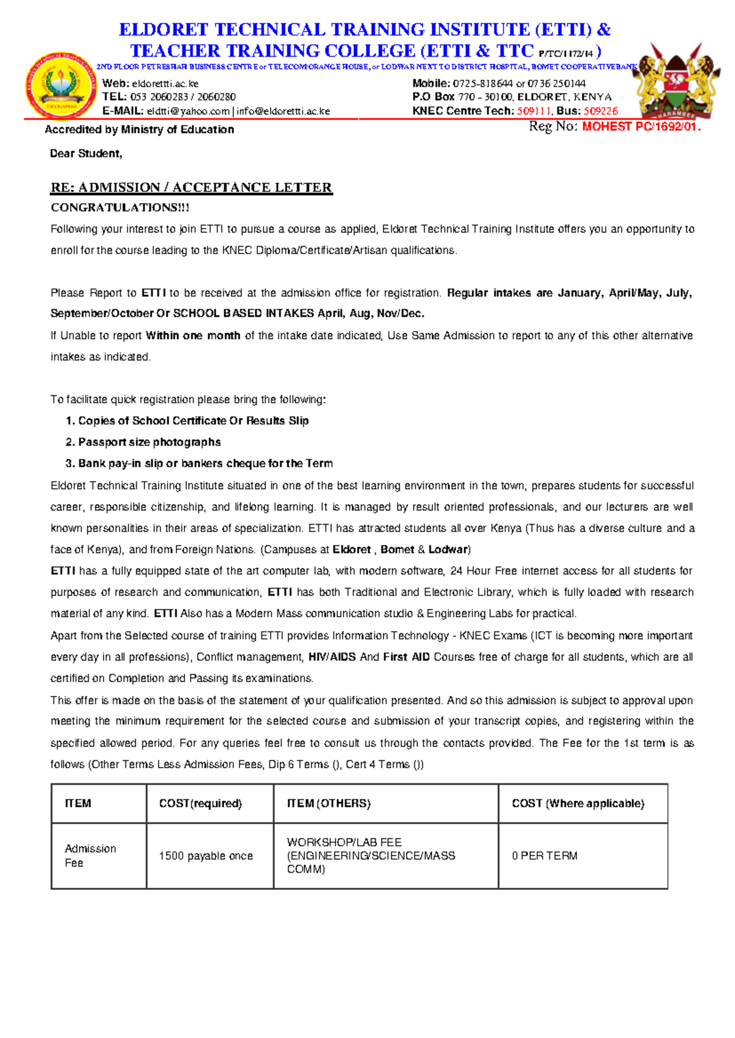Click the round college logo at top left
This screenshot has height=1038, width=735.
[60, 86]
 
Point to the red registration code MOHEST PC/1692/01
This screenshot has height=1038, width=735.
[641, 127]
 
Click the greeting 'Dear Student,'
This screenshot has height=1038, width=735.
[86, 154]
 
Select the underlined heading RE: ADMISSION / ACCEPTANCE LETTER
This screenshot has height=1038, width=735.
[191, 187]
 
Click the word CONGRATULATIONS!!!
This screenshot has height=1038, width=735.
[120, 207]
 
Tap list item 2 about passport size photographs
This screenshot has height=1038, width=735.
[149, 442]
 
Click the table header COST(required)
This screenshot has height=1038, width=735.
[200, 804]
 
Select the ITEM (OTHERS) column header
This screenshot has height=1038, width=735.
[329, 804]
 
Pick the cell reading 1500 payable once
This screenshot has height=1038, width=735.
[206, 856]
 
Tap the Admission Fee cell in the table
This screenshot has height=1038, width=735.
[90, 856]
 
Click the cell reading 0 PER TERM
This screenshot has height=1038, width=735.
[545, 856]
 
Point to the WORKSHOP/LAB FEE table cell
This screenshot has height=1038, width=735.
[371, 856]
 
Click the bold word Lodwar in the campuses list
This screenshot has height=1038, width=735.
[448, 550]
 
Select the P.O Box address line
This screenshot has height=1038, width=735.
[511, 97]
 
